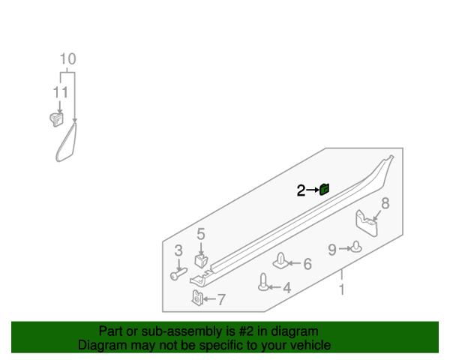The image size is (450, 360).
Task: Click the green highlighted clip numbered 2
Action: coord(325,189)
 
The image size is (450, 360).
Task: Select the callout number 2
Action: coord(301,190)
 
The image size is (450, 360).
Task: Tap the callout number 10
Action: coord(68,59)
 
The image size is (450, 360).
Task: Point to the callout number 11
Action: coord(61,92)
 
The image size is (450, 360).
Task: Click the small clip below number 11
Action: coord(56,119)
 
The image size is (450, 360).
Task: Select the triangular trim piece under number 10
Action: coord(67,142)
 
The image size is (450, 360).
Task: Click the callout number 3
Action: coord(178,250)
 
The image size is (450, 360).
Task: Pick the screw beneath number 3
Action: coord(178,274)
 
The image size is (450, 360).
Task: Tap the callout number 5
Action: coord(201,234)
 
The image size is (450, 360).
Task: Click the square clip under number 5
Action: coord(201,260)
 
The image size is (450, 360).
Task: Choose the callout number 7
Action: coord(221,299)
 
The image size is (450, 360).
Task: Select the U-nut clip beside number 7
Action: coord(197,298)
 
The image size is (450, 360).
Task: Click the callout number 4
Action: coord(287,288)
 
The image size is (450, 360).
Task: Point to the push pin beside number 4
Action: coord(263,282)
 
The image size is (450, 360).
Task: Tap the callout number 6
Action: coord(307,264)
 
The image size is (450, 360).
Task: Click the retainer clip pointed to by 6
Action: coord(280,261)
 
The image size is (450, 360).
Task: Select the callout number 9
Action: coord(332,250)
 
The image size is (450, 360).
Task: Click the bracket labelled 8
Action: coord(367,223)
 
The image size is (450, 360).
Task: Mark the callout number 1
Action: coord(341,289)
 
